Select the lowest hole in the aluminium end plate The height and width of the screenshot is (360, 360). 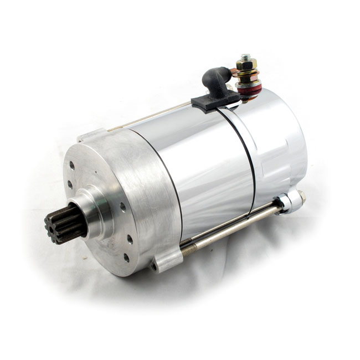127,258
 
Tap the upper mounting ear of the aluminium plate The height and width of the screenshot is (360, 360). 91,135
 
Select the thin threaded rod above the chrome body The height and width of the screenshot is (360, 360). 150,118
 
